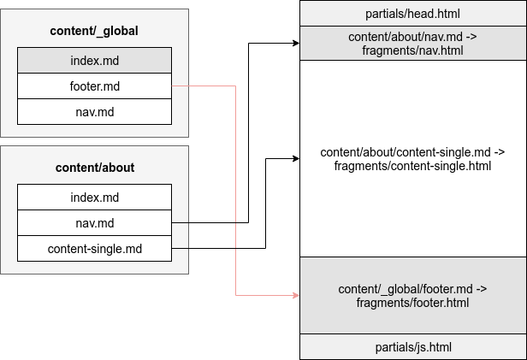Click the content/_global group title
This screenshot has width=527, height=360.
click(x=94, y=32)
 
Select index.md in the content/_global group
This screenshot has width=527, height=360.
click(x=94, y=60)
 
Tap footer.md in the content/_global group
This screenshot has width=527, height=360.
click(x=94, y=86)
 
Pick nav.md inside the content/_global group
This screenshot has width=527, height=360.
click(x=94, y=111)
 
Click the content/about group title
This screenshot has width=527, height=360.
click(x=94, y=168)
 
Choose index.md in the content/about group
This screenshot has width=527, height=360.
click(x=94, y=198)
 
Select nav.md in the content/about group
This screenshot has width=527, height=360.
click(x=94, y=223)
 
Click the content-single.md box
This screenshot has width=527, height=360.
click(x=94, y=249)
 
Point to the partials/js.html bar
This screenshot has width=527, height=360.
click(x=412, y=346)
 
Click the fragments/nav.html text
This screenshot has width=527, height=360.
click(x=412, y=50)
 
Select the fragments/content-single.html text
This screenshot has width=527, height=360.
click(x=412, y=165)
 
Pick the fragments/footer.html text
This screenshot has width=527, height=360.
click(x=412, y=302)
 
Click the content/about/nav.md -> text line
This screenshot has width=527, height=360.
click(x=412, y=38)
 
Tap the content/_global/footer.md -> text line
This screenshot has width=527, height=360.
click(x=412, y=289)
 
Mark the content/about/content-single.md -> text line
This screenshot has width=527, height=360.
click(x=412, y=152)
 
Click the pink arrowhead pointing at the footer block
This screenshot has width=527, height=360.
click(x=295, y=295)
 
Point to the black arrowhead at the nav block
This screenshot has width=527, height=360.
click(x=295, y=44)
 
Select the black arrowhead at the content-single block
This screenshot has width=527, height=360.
click(x=295, y=158)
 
